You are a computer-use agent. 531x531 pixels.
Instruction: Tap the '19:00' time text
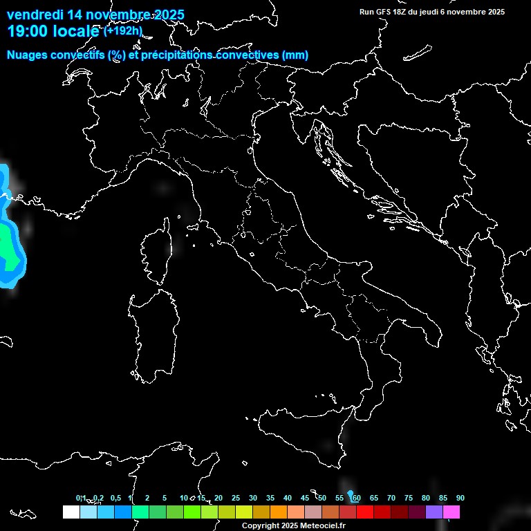28,31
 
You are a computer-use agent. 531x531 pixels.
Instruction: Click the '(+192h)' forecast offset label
123,31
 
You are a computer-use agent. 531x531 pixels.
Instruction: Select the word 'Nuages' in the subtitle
27,55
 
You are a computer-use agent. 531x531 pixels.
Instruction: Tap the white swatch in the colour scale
71,512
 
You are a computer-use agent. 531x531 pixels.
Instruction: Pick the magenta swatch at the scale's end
451,512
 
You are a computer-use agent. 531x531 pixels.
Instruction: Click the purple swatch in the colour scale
434,512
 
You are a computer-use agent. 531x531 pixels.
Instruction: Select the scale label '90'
460,498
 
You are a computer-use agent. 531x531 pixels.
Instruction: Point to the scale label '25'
236,498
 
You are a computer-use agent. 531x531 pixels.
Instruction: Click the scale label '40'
287,498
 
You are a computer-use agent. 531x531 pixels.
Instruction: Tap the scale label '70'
391,498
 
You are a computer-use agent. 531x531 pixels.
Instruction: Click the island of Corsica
156,252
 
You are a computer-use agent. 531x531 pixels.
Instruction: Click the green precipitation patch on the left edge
6,242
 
